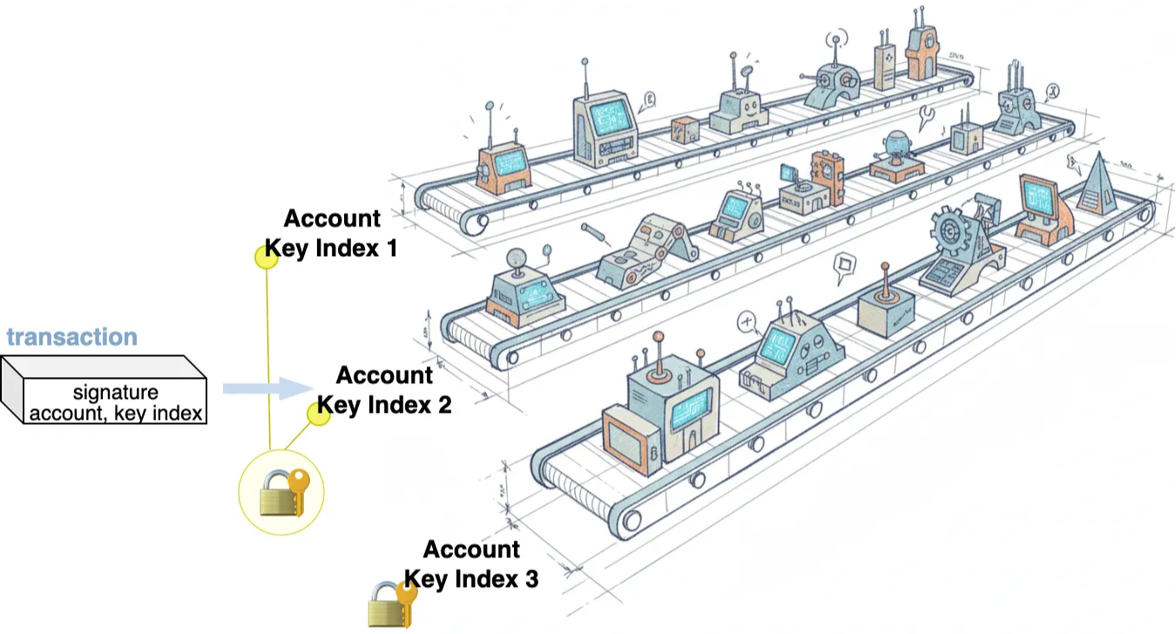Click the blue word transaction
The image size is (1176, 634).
pyautogui.click(x=72, y=337)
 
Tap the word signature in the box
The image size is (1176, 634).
pyautogui.click(x=115, y=393)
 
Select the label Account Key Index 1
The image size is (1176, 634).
pyautogui.click(x=331, y=233)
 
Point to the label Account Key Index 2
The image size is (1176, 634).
pyautogui.click(x=383, y=389)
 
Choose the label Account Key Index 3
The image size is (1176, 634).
pyautogui.click(x=471, y=563)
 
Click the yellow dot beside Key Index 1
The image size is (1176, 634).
pyautogui.click(x=266, y=256)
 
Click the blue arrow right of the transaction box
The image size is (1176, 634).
pyautogui.click(x=266, y=388)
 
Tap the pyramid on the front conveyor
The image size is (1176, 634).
pyautogui.click(x=1095, y=184)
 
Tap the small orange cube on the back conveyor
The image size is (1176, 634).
pyautogui.click(x=684, y=129)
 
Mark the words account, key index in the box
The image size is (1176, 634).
pyautogui.click(x=116, y=412)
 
